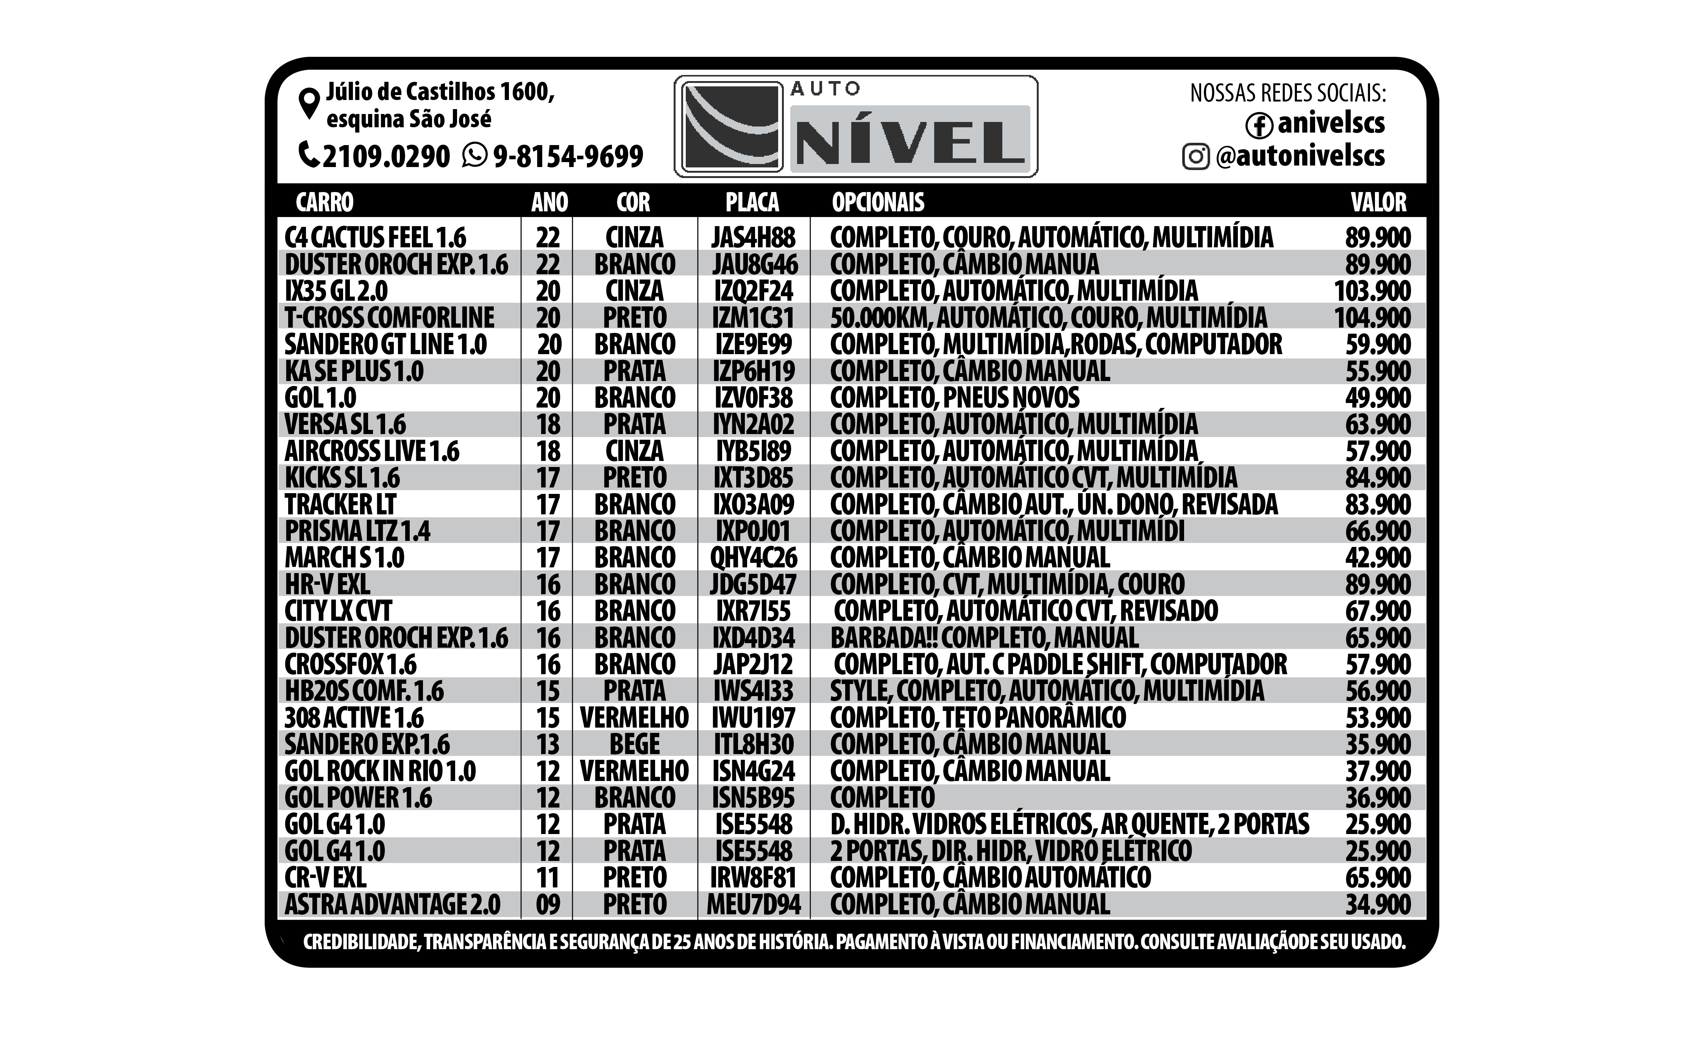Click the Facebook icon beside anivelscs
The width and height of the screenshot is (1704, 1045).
pyautogui.click(x=1259, y=125)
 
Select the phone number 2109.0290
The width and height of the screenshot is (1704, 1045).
pyautogui.click(x=386, y=156)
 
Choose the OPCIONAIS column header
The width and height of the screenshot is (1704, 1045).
pyautogui.click(x=878, y=202)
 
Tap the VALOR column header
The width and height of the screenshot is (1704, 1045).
pyautogui.click(x=1378, y=202)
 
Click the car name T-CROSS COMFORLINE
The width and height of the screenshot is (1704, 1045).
pyautogui.click(x=389, y=317)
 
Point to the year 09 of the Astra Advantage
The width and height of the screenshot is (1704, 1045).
pyautogui.click(x=548, y=904)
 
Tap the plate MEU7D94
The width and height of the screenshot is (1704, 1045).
pyautogui.click(x=753, y=904)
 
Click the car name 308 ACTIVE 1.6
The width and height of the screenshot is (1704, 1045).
pyautogui.click(x=354, y=718)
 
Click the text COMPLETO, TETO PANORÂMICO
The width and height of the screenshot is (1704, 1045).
pyautogui.click(x=978, y=718)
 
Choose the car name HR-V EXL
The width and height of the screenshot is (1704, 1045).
pyautogui.click(x=327, y=584)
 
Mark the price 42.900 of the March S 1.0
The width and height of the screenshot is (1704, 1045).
pyautogui.click(x=1378, y=558)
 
